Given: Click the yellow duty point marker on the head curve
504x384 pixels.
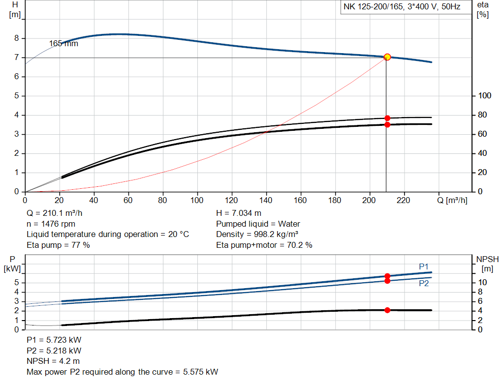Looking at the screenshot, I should click(387, 57).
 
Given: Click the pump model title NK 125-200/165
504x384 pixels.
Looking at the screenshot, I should click(402, 7).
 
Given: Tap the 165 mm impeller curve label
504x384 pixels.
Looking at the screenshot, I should click(63, 44).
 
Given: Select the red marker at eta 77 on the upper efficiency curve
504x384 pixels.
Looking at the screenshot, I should click(387, 118).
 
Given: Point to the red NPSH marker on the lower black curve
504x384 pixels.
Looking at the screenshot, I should click(387, 310).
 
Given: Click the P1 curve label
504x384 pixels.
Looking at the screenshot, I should click(424, 266).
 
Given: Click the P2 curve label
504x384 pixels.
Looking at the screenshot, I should click(424, 284).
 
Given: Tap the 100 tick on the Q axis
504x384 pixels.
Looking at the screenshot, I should click(197, 200).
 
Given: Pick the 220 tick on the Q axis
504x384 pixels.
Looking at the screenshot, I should click(404, 200).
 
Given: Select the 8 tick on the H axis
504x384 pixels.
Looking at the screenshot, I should click(17, 38).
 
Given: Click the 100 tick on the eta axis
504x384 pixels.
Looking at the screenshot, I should click(484, 96).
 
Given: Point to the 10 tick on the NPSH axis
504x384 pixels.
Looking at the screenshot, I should click(482, 283).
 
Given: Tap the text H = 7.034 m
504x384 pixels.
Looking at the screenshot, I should click(239, 214).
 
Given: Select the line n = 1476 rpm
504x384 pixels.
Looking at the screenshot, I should click(51, 224).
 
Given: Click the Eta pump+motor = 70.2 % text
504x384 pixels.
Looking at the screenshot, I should click(264, 245).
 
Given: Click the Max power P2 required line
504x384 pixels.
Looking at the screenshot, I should click(122, 372).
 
